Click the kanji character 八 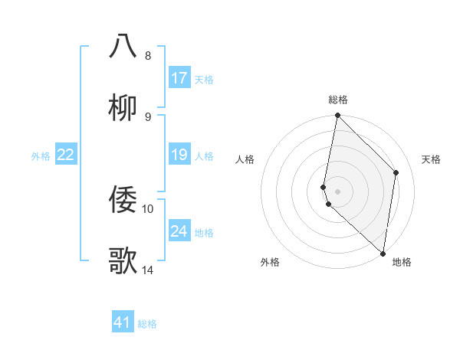pos(123,46)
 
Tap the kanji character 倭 pos(123,200)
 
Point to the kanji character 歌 pos(123,261)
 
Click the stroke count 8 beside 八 pos(148,55)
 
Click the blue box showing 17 pos(179,78)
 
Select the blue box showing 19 pos(179,155)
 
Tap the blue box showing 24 pos(179,231)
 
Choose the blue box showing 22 pos(66,155)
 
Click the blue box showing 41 pos(123,322)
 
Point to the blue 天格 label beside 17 pos(204,80)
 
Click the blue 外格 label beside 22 pos(41,156)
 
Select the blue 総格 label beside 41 pos(147,324)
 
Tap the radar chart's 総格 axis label pos(338,100)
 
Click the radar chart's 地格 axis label pos(402,262)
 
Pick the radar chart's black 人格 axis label pos(245,159)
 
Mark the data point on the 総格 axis pos(337,116)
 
